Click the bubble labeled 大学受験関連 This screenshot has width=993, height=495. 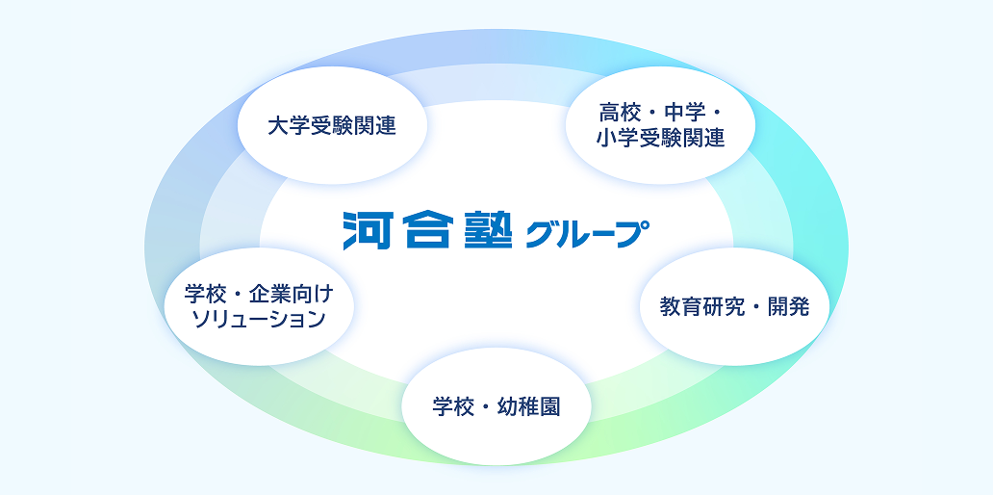(332, 125)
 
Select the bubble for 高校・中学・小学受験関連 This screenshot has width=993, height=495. (660, 125)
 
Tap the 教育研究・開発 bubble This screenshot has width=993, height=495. (734, 307)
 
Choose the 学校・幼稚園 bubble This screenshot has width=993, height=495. (496, 406)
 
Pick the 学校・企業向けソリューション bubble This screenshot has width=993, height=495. (259, 306)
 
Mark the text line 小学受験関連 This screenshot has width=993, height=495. (660, 139)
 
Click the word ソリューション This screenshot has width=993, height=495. (259, 320)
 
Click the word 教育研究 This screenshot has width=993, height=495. (701, 307)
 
